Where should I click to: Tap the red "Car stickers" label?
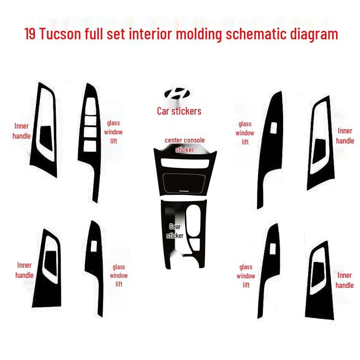[x=179, y=111]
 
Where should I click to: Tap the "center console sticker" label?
[x=185, y=145]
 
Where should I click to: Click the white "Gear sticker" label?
[x=175, y=231]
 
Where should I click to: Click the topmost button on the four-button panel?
[x=90, y=108]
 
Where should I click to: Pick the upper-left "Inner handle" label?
[x=22, y=131]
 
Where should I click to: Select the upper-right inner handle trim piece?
[x=320, y=144]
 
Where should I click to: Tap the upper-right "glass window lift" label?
[x=245, y=132]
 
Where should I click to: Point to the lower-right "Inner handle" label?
[x=344, y=280]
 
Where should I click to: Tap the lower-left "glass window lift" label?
[x=119, y=276]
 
